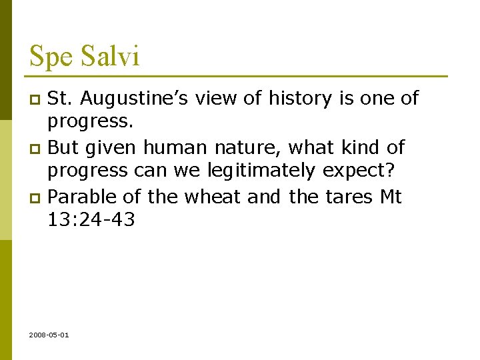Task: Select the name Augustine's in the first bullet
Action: tap(145, 99)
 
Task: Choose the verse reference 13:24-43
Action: tap(91, 220)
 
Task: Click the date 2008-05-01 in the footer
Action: tap(49, 335)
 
